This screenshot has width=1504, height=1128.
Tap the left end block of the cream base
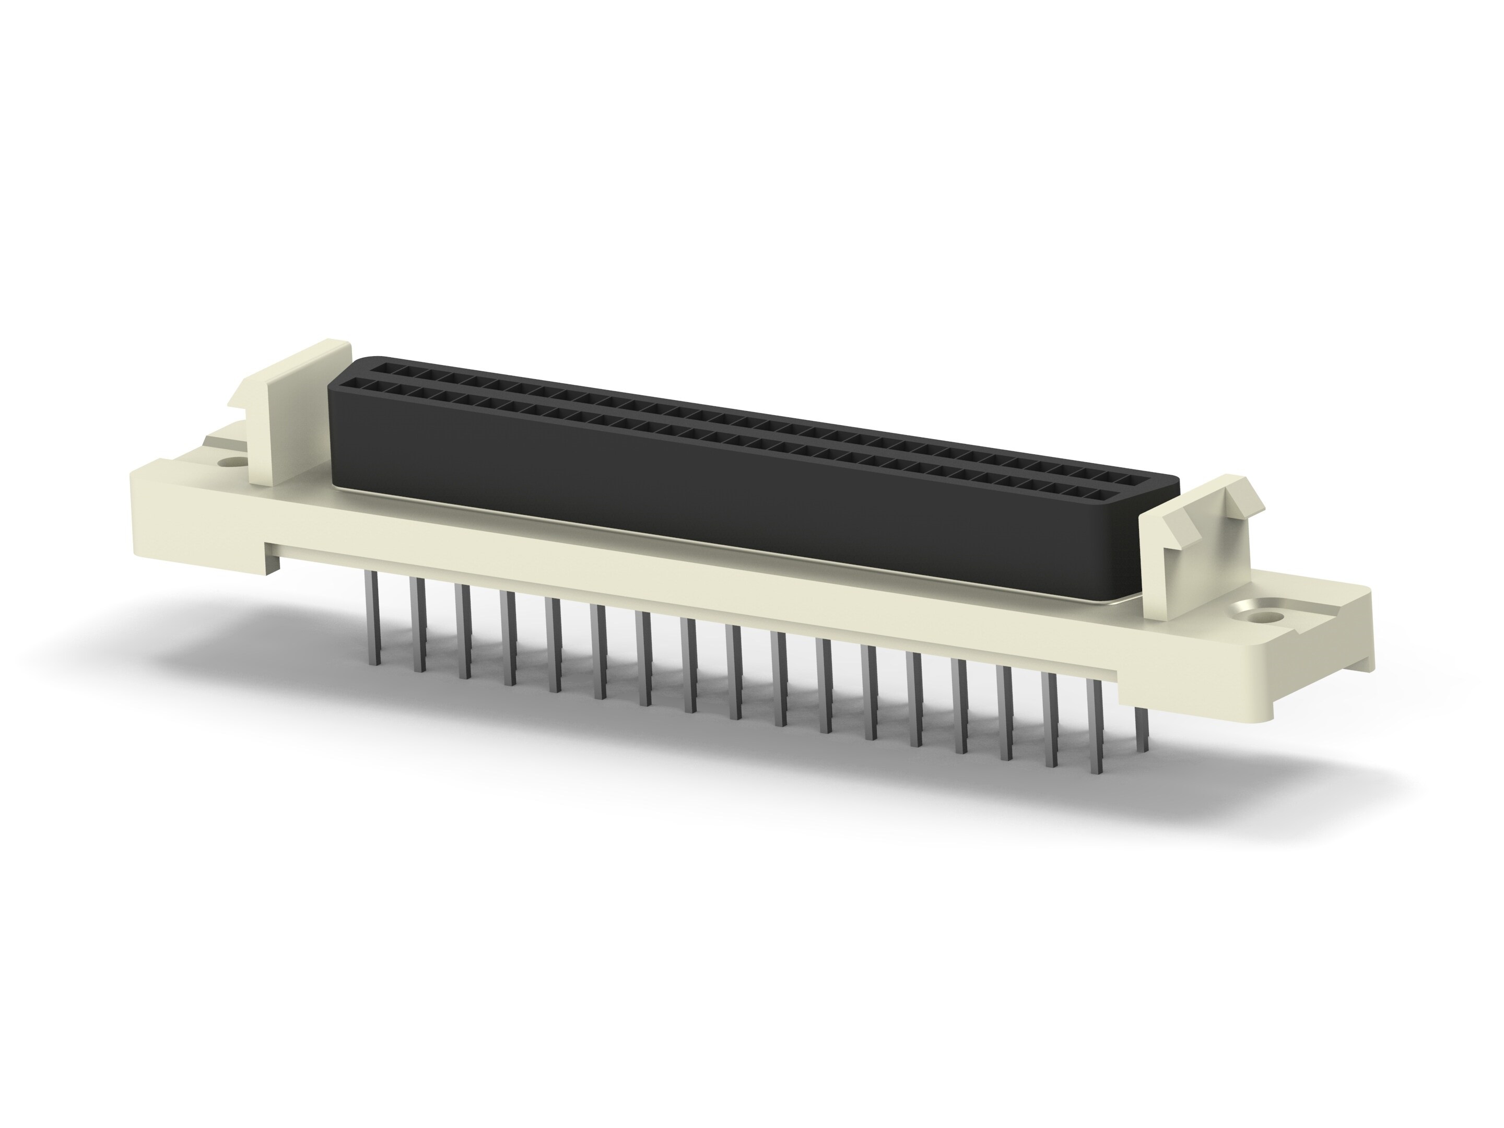point(197,517)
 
